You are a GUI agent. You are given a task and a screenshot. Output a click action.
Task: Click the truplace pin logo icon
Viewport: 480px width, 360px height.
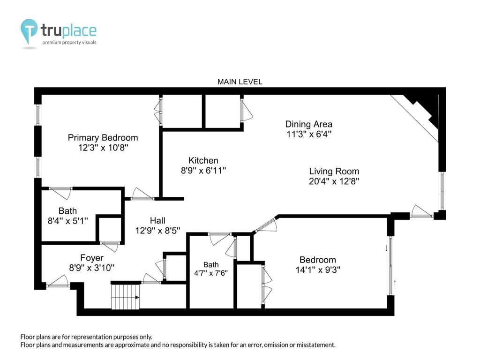[29, 32]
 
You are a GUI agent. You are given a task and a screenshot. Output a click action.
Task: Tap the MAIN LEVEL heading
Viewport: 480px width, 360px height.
[240, 82]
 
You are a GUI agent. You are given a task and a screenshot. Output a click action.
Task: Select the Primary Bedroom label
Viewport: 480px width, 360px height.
[103, 138]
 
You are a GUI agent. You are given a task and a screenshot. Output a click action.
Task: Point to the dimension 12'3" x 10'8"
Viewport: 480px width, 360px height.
[103, 148]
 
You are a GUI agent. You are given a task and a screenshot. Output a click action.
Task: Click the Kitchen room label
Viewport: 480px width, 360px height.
[203, 160]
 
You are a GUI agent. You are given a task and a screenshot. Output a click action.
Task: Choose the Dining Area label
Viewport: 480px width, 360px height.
[308, 124]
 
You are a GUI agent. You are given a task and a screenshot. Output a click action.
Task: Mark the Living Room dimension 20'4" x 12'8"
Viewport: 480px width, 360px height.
[334, 181]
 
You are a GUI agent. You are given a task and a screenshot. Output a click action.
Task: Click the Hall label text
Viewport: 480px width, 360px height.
[157, 220]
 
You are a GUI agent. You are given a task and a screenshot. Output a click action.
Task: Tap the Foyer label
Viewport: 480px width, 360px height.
[92, 258]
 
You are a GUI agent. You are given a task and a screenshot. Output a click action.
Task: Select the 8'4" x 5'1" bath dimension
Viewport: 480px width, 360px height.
[67, 221]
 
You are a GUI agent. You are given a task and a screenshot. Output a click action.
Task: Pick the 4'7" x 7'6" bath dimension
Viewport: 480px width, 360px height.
[211, 273]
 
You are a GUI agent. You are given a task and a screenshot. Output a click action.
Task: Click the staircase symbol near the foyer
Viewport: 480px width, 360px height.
[125, 297]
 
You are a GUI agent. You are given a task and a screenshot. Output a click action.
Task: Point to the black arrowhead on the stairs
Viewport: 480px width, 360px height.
[137, 297]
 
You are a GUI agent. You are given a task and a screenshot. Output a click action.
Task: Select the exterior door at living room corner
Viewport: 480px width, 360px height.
[421, 211]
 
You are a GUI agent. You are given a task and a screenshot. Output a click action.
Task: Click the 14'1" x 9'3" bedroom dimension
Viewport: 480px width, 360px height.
[318, 270]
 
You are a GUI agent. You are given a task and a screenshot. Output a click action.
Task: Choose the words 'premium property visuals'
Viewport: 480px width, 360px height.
[69, 42]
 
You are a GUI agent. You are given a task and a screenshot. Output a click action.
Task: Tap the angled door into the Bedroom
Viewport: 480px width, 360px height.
[266, 224]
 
